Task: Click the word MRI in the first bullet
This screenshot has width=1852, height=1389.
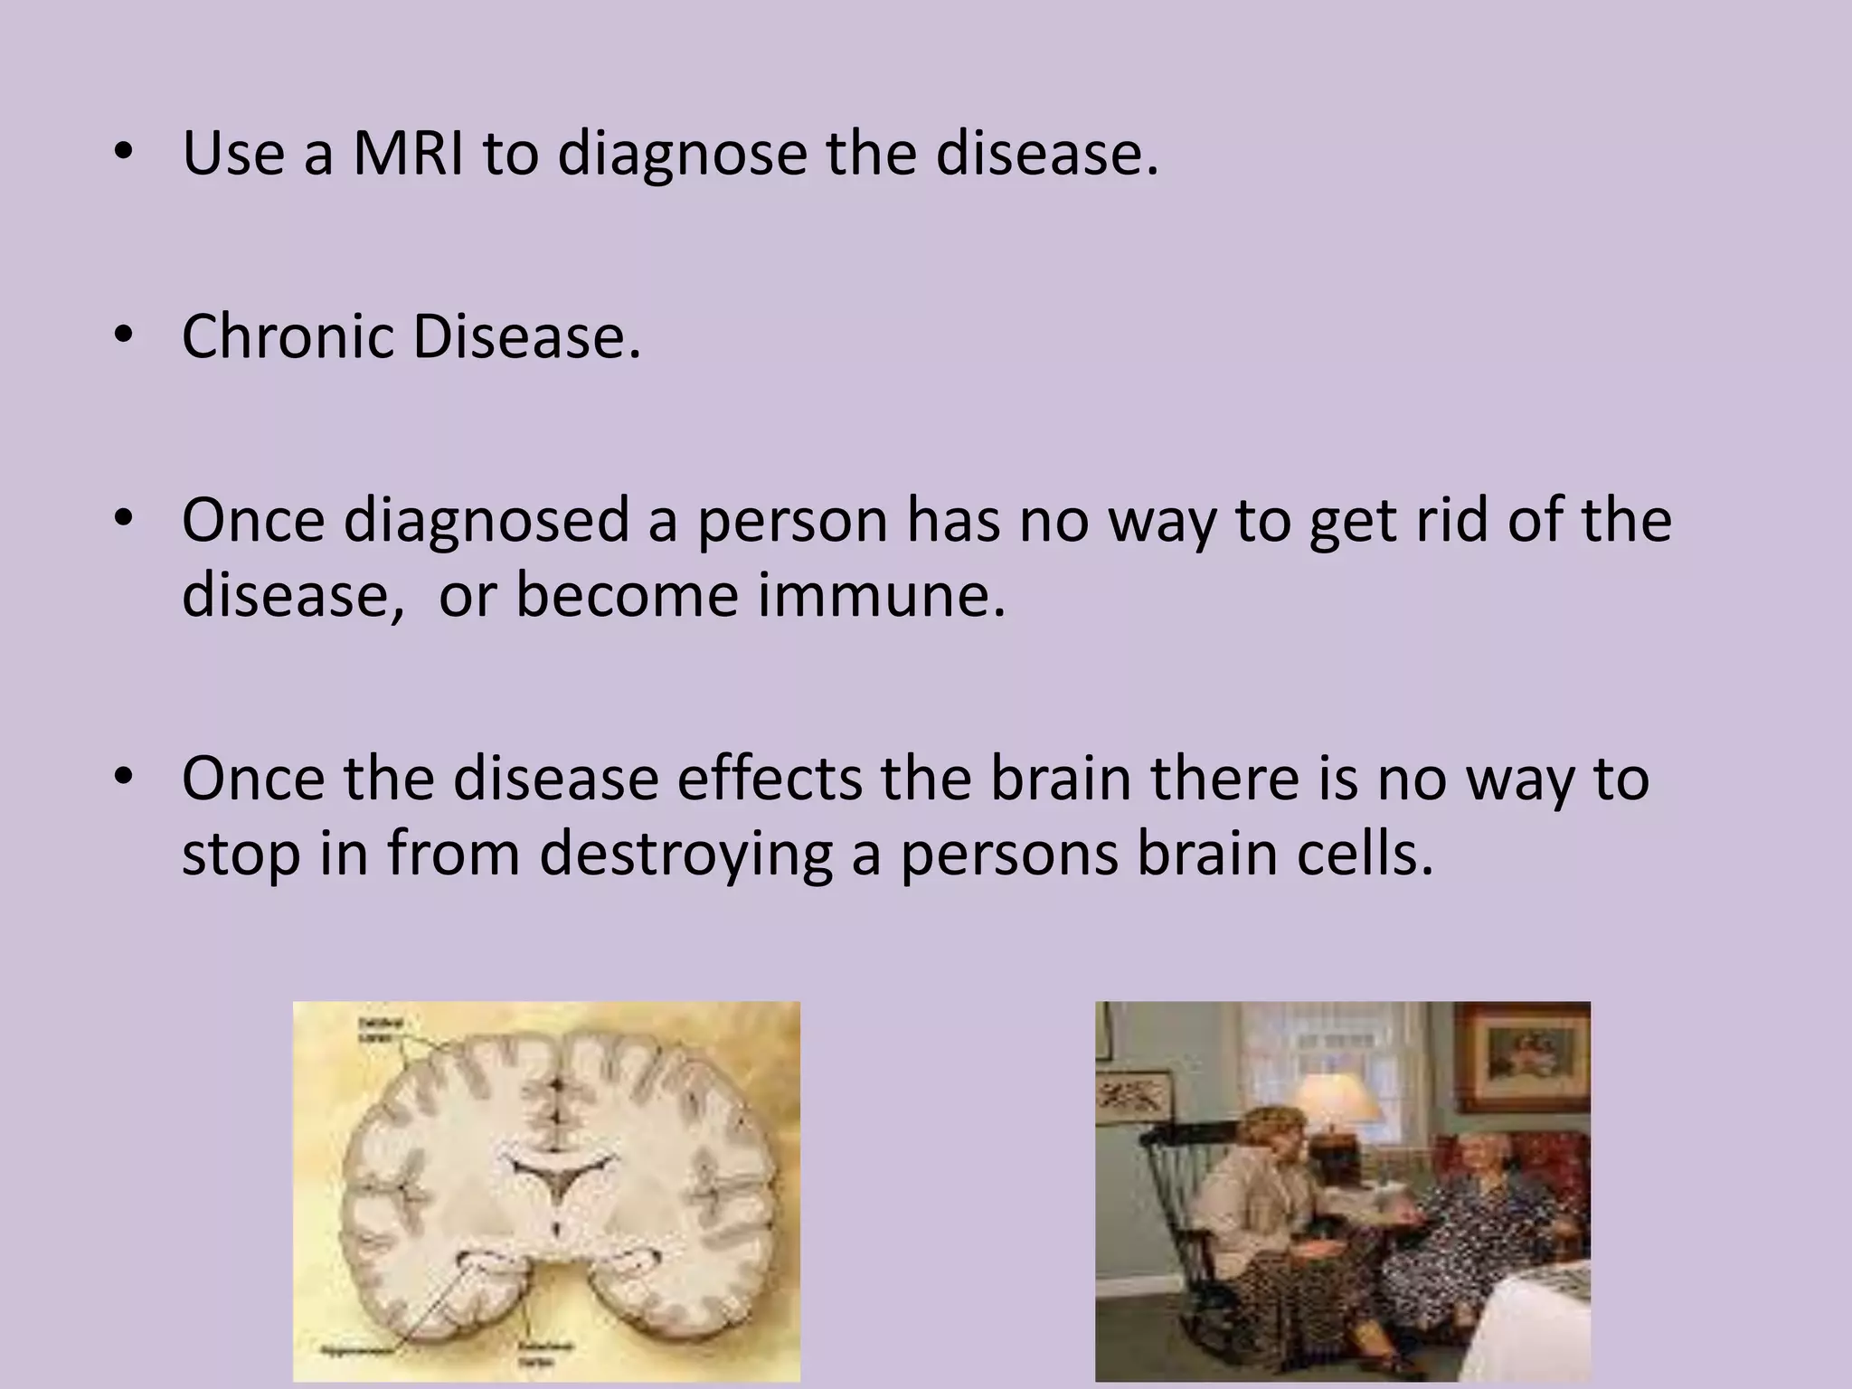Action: pos(407,154)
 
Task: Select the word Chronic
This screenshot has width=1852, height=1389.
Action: pos(288,336)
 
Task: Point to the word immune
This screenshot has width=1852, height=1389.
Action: pos(881,595)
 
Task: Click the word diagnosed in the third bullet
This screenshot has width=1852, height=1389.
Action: pos(487,523)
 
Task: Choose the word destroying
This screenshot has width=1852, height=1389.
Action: pos(685,855)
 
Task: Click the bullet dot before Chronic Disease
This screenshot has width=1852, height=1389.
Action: pos(124,335)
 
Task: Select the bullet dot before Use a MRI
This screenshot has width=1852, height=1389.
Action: pos(124,153)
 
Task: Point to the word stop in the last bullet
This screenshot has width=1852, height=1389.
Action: pos(241,855)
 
